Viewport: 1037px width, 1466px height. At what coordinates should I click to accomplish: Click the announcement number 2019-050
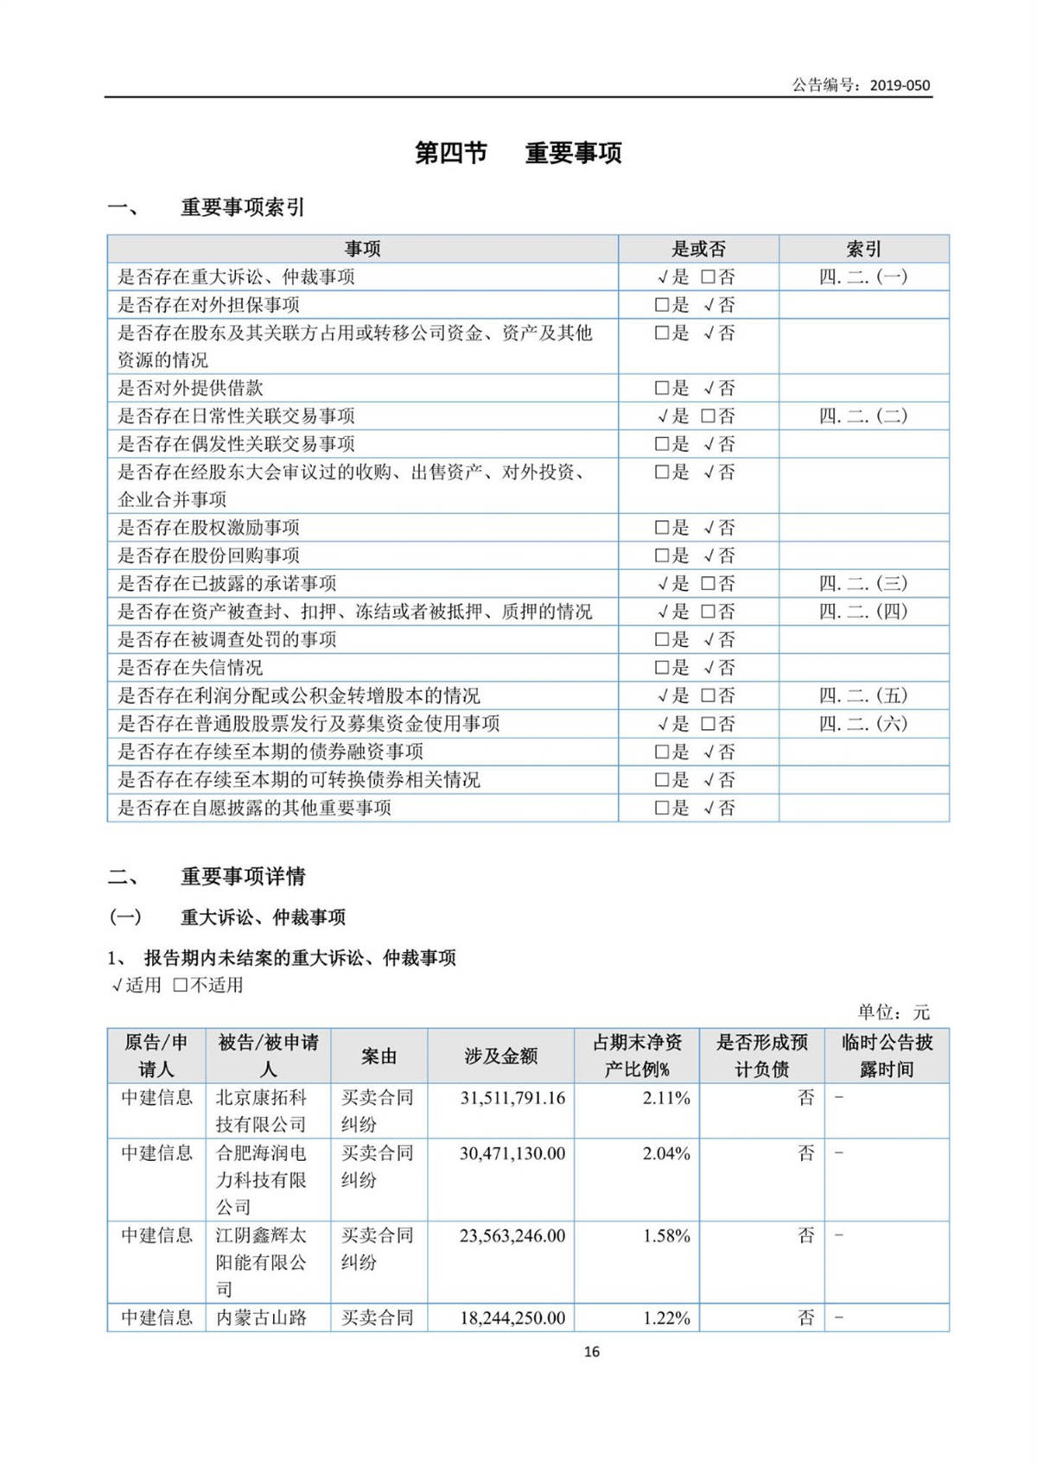[900, 85]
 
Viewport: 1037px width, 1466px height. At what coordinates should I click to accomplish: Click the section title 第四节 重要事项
[518, 153]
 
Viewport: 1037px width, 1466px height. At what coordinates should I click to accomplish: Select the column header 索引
[863, 249]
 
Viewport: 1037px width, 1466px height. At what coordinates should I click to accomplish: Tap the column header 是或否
[698, 249]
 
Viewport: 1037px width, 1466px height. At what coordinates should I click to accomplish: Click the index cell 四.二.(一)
[863, 276]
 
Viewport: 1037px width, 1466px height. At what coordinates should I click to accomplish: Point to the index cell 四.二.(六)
[863, 723]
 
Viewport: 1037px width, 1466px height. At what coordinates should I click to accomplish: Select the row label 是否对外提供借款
[190, 388]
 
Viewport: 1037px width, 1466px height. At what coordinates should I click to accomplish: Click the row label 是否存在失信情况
[190, 667]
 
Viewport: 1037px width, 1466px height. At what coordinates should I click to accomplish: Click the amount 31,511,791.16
[512, 1098]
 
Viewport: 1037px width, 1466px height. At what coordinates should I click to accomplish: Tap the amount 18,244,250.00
[512, 1318]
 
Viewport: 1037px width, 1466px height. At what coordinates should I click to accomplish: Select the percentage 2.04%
[666, 1153]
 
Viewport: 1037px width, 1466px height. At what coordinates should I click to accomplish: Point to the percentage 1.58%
[666, 1236]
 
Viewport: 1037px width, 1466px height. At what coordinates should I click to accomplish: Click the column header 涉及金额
[500, 1056]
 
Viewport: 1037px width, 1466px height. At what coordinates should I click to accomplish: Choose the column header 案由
[379, 1056]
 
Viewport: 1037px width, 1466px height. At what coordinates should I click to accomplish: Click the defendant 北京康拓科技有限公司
[261, 1111]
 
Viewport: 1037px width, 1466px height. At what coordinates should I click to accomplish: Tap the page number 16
[591, 1352]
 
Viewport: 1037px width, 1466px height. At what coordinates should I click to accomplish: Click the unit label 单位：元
[893, 1012]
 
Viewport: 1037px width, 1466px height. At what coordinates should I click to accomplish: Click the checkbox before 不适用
[180, 985]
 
